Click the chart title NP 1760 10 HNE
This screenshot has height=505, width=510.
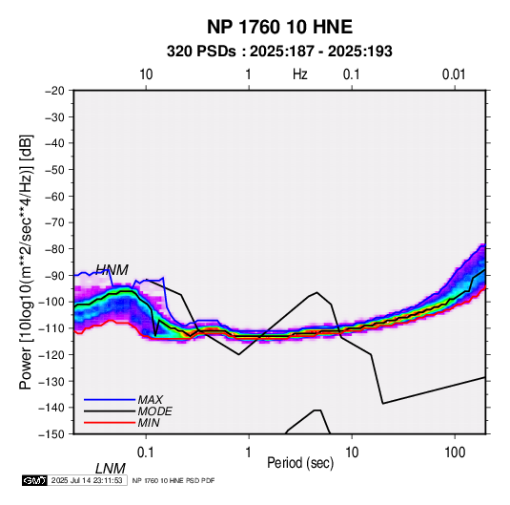tap(279, 27)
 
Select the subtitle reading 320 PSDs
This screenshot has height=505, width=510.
tap(201, 52)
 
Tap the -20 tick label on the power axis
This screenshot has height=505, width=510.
tap(54, 91)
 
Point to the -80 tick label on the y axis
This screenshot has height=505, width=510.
tap(54, 249)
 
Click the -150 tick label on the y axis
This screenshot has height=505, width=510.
tap(52, 434)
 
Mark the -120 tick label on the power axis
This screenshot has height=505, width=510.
tap(52, 354)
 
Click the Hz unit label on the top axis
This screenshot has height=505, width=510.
tap(300, 74)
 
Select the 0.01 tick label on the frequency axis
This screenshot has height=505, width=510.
tap(454, 74)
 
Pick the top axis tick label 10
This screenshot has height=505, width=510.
tap(146, 74)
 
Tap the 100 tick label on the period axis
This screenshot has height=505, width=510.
tap(455, 452)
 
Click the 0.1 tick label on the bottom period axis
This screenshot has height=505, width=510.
tap(145, 452)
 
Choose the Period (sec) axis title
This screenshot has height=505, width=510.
tap(300, 463)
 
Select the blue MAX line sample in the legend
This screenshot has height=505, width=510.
tap(110, 400)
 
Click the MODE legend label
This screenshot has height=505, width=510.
tap(154, 411)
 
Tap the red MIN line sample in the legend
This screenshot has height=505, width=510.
tap(110, 423)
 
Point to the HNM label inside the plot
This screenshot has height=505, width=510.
tap(112, 270)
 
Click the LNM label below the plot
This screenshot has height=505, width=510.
tap(111, 469)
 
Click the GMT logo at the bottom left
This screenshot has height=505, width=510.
tap(35, 480)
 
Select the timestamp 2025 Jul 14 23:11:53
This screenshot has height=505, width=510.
tap(87, 480)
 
